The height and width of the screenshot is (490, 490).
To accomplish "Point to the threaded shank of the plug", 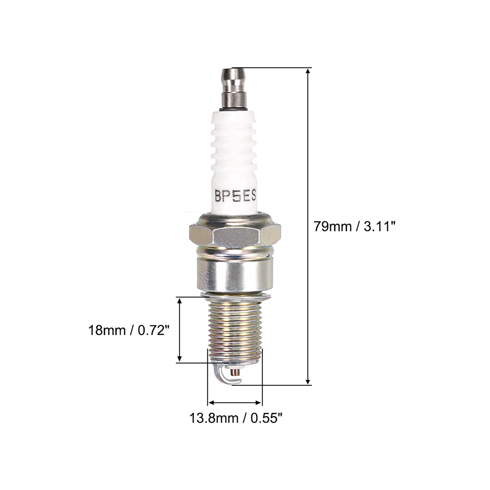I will [x=235, y=330].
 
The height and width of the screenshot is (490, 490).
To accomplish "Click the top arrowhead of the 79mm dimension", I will [x=308, y=72].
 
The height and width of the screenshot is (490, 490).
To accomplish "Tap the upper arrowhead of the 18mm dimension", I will [x=180, y=301].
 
